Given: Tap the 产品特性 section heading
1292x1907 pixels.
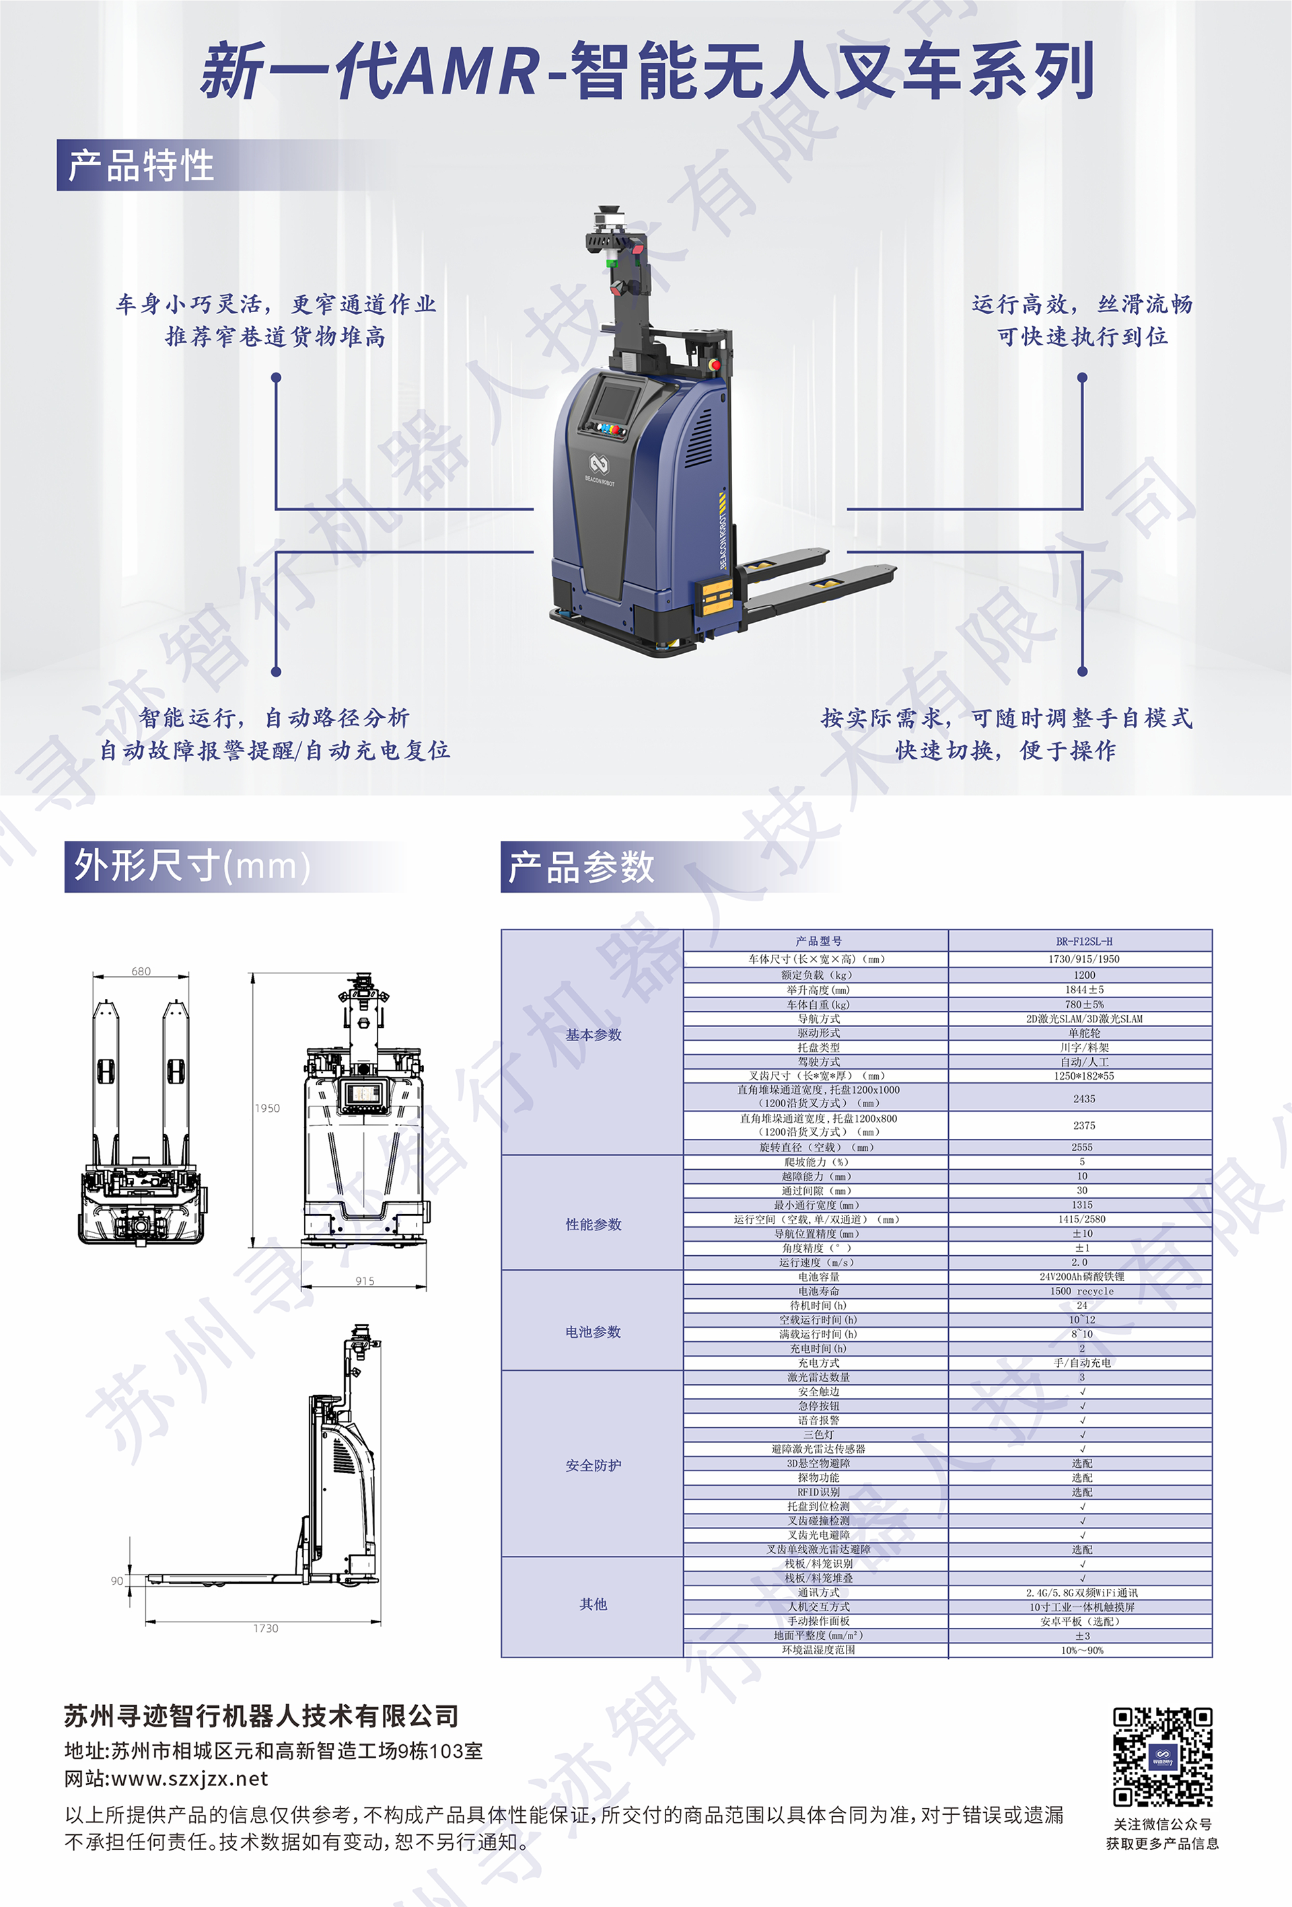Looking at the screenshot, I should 141,165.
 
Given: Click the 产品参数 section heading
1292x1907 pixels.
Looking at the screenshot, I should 581,867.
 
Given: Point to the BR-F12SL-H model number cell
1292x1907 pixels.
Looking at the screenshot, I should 1083,941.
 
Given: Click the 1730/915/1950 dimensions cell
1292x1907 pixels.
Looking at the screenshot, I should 1083,959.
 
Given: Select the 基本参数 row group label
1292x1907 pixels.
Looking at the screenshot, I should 593,1035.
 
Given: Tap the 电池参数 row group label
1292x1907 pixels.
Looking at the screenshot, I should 593,1332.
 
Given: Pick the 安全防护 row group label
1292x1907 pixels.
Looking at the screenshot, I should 593,1466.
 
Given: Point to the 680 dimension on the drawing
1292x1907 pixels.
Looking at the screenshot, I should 141,971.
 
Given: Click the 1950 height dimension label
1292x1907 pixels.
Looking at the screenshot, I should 266,1109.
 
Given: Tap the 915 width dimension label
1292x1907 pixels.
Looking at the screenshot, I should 365,1281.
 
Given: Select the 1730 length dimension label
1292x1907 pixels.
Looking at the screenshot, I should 265,1628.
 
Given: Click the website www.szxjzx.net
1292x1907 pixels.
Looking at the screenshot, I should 190,1779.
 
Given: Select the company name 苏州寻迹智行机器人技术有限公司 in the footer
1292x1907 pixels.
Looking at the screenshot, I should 261,1716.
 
